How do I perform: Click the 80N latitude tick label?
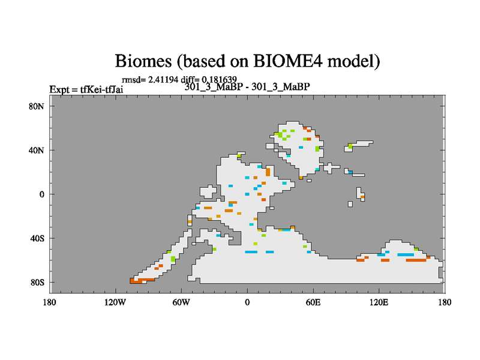click(37, 107)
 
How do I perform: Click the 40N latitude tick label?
click(37, 151)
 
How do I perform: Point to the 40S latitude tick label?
click(37, 238)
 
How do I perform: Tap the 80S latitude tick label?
click(37, 283)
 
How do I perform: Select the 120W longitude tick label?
click(115, 302)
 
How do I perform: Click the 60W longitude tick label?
click(181, 302)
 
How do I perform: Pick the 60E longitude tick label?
click(313, 302)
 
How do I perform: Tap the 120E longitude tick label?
click(379, 302)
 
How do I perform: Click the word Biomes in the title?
click(143, 61)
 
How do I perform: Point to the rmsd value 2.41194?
click(163, 80)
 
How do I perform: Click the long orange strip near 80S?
click(142, 280)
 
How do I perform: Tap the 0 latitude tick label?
click(41, 194)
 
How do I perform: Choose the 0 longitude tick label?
click(247, 302)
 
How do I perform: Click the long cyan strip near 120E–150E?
click(406, 254)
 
